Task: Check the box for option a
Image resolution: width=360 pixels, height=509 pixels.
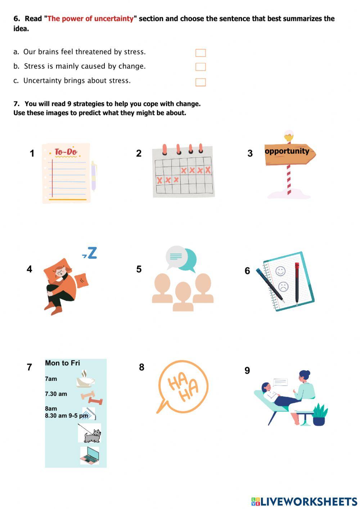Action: (x=201, y=53)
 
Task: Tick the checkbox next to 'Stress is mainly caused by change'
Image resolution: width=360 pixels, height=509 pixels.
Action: (x=201, y=67)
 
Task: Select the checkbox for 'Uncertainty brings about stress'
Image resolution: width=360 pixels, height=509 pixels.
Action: (x=201, y=82)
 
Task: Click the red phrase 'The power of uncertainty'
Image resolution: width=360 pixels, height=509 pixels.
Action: (x=90, y=19)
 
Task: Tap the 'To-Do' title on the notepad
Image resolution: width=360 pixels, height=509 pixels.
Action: (x=66, y=152)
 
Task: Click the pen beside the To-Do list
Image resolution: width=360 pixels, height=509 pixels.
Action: (x=94, y=176)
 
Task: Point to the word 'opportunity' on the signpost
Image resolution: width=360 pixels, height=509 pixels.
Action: (x=287, y=151)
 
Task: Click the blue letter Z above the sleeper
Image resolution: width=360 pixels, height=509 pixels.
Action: (x=92, y=253)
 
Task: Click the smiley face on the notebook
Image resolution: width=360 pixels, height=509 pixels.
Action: (x=280, y=271)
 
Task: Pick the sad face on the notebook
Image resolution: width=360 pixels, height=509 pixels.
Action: (x=283, y=287)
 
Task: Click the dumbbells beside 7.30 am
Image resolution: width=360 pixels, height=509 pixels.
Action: (x=92, y=397)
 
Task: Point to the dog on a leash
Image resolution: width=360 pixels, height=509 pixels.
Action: (x=92, y=435)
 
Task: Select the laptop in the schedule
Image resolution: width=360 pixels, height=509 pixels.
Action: (x=90, y=455)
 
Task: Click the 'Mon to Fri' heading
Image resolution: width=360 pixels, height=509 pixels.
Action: (x=62, y=363)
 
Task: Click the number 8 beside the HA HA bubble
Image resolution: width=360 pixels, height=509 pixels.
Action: (x=141, y=367)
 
